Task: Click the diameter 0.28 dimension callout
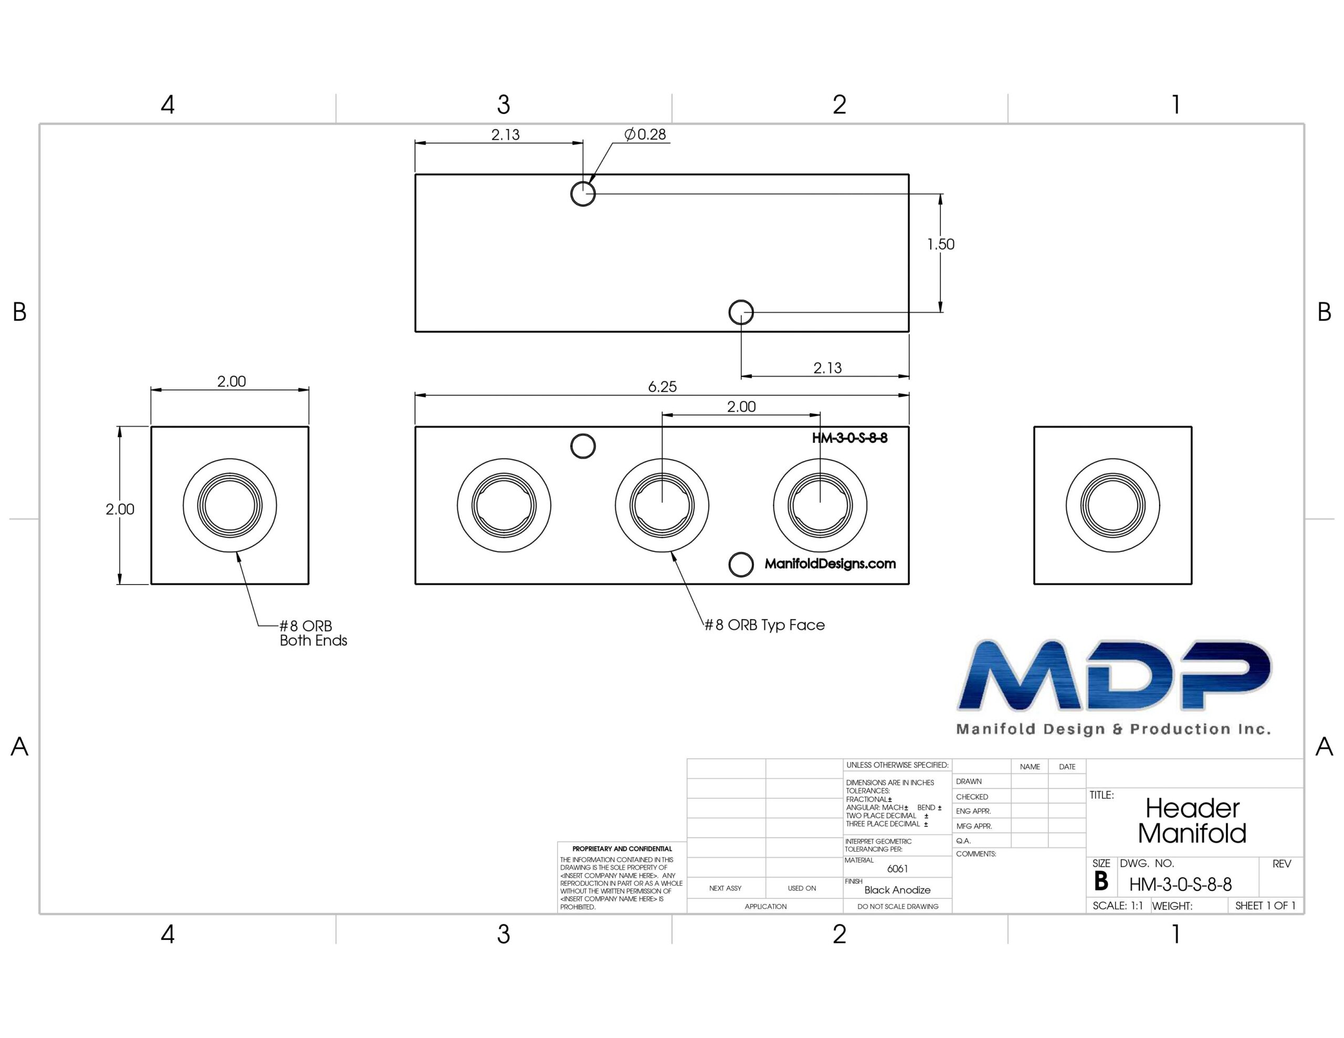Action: point(645,134)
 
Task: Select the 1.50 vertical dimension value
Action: point(940,244)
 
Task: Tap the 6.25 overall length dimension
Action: point(662,386)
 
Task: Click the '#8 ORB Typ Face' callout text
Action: point(764,625)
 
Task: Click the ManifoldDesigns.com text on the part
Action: point(830,564)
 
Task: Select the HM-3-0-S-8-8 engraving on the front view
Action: point(850,438)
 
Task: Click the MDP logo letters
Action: point(1115,675)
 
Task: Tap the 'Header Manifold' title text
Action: point(1192,821)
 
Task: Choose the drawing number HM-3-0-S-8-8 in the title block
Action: point(1180,885)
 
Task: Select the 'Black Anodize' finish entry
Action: point(897,889)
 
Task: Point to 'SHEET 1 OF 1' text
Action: point(1265,906)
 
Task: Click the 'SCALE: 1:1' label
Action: point(1118,906)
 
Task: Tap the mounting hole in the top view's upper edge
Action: point(583,194)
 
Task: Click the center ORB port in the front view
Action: point(662,505)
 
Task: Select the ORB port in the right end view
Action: point(1112,505)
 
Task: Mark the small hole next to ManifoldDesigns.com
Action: point(741,564)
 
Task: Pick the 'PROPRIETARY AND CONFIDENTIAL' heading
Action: point(622,849)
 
